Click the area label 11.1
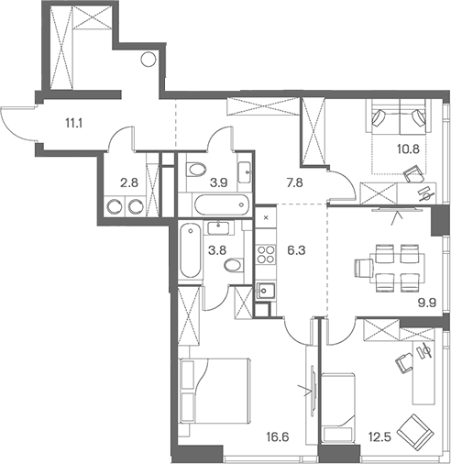pyautogui.click(x=74, y=124)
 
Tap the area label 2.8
pyautogui.click(x=129, y=183)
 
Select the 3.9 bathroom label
pyautogui.click(x=219, y=183)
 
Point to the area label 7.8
pyautogui.click(x=294, y=182)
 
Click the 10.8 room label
pyautogui.click(x=408, y=149)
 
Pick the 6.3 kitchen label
pyautogui.click(x=296, y=250)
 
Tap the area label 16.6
pyautogui.click(x=278, y=437)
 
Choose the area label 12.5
pyautogui.click(x=379, y=437)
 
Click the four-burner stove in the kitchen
pyautogui.click(x=266, y=254)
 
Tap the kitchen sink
pyautogui.click(x=266, y=291)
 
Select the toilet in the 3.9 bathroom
pyautogui.click(x=196, y=170)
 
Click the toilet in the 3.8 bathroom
pyautogui.click(x=234, y=265)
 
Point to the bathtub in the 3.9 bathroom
pyautogui.click(x=221, y=204)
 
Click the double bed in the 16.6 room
pyautogui.click(x=215, y=391)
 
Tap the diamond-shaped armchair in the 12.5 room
pyautogui.click(x=415, y=433)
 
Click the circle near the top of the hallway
pyautogui.click(x=148, y=60)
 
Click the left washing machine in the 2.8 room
pyautogui.click(x=115, y=206)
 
